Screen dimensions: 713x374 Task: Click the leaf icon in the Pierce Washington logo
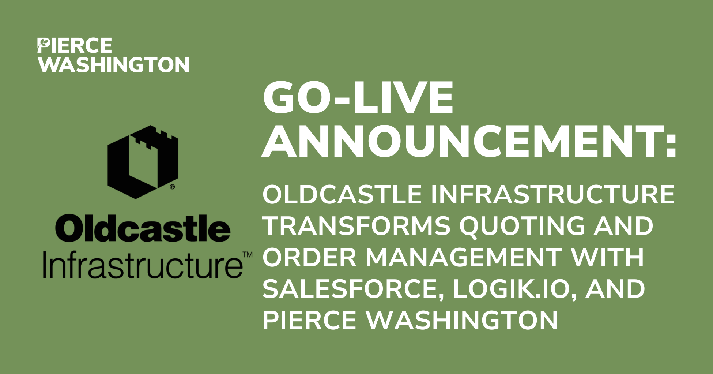(43, 44)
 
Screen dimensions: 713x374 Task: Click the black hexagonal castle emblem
(143, 162)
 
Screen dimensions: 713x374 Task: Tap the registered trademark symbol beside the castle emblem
(172, 187)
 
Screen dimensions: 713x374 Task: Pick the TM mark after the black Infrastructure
(248, 255)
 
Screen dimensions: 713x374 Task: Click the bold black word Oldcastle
(143, 228)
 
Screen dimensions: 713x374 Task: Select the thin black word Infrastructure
(143, 264)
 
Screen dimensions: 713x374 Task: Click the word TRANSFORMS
(356, 226)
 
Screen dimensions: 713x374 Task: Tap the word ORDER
(309, 257)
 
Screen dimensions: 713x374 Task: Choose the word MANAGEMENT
(464, 257)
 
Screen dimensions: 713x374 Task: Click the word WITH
(607, 257)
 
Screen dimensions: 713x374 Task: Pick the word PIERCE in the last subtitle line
(309, 321)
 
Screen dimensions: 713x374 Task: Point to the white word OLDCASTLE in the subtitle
(342, 194)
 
